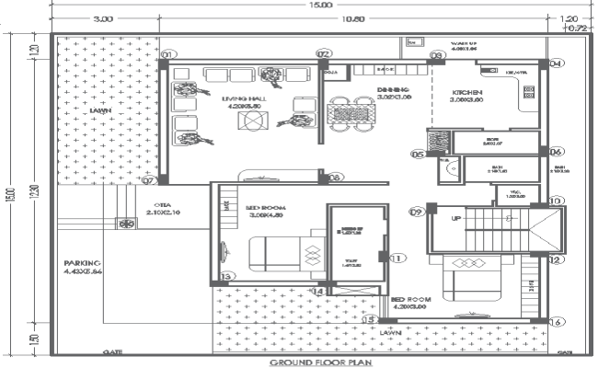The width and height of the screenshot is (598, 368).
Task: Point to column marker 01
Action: point(167,55)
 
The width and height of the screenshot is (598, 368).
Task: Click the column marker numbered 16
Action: point(555,322)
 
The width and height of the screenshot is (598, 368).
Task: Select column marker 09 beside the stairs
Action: point(416,213)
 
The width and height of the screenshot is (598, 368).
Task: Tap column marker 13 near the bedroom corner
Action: point(227,274)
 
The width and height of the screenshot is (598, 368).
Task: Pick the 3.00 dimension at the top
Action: point(102,18)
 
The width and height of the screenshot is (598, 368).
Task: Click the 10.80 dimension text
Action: point(352,18)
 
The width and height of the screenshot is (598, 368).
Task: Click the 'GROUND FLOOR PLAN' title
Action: point(321,362)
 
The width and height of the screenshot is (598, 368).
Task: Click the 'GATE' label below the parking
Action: point(113,351)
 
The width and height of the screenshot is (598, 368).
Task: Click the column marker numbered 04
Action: point(555,63)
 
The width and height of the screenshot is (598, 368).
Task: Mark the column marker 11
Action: point(397,259)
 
